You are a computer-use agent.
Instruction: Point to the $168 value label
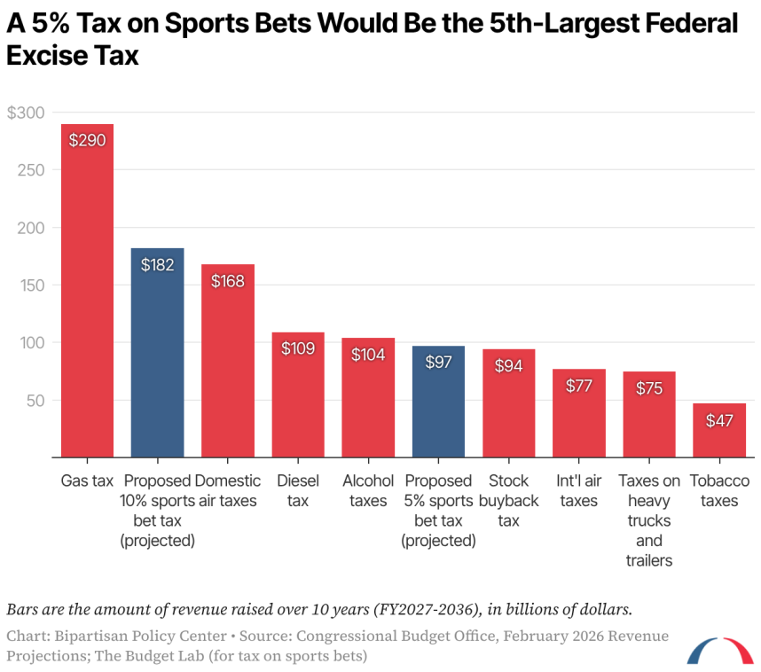227,280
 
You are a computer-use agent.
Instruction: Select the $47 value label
719,420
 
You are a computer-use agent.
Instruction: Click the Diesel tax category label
298,491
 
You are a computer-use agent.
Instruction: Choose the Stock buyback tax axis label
508,501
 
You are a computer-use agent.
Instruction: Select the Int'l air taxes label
578,491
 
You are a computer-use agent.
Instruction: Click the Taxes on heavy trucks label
649,520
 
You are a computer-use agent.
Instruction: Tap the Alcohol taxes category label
368,491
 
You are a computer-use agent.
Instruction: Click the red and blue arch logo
719,651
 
